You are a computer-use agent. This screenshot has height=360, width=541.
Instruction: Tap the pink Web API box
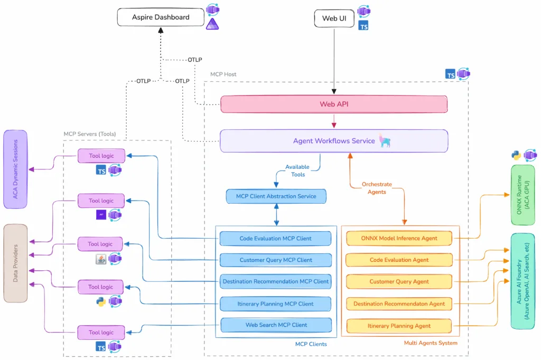point(333,104)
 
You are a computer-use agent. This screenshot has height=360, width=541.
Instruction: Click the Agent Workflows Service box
point(334,141)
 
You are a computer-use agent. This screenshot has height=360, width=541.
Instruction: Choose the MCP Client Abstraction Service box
point(276,196)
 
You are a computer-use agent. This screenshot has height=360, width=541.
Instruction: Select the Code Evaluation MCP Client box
point(275,239)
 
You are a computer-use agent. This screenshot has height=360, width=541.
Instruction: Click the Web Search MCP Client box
point(276,325)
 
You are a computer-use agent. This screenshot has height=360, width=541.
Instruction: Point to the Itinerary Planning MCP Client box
point(275,303)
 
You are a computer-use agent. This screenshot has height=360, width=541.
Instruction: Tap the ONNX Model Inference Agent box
point(399,238)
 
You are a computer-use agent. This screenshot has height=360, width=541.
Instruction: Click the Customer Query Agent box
point(399,281)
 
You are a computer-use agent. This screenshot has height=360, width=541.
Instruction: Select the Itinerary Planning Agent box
point(399,326)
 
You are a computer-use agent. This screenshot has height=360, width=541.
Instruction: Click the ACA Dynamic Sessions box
point(15,169)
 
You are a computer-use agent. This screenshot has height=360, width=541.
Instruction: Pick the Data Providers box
point(15,263)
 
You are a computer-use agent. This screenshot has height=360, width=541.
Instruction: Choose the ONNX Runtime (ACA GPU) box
point(523,187)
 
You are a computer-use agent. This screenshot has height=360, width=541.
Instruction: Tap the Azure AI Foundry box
point(523,281)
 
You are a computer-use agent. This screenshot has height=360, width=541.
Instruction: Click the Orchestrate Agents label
point(377,188)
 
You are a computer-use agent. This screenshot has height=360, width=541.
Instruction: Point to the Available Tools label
point(297,170)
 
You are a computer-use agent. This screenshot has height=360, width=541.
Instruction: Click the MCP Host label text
point(223,74)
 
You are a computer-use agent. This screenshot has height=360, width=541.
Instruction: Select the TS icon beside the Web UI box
point(363,25)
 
